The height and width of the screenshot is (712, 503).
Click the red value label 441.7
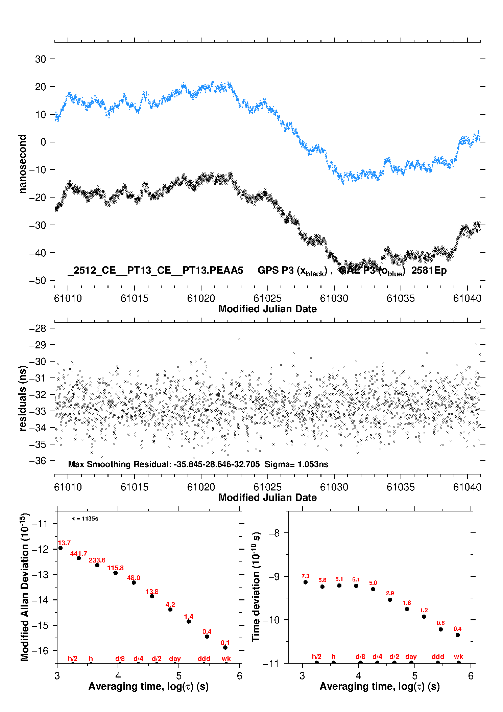point(78,553)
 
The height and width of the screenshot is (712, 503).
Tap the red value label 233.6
point(97,560)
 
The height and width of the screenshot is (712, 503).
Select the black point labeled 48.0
point(134,582)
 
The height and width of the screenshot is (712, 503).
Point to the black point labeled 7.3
point(305,582)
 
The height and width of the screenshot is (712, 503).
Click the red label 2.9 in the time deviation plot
point(390,593)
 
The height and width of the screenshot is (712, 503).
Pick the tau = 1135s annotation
point(85,519)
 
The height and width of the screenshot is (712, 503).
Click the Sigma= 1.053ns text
point(296,464)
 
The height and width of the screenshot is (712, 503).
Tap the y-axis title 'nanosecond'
point(22,164)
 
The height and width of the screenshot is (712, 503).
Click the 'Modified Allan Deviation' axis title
point(24,587)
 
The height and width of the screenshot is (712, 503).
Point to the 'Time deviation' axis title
point(256,587)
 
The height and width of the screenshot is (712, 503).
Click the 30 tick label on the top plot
point(40,59)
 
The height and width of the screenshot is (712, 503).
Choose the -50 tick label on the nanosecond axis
point(37,280)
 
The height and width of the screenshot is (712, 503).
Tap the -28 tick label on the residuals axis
point(37,328)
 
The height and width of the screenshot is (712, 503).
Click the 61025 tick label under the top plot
point(267,298)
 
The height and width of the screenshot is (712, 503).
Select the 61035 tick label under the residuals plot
point(401,487)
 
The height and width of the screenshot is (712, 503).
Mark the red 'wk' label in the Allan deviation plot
point(226,659)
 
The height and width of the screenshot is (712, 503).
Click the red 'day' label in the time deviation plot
point(411,657)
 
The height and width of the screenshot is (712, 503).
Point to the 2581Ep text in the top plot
point(429,271)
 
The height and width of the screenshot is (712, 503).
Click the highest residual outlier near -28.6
point(239,339)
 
